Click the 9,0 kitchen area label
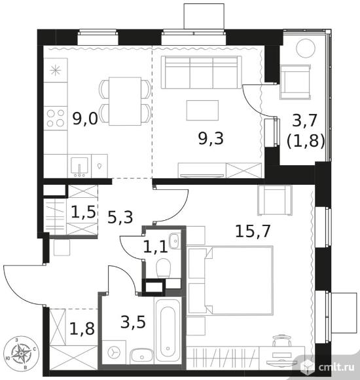(85, 119)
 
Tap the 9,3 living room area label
(211, 139)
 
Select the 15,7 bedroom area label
(253, 231)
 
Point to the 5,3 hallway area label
(120, 218)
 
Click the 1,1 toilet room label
(155, 248)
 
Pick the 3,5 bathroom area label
(133, 322)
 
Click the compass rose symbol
(22, 353)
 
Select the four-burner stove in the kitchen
(56, 118)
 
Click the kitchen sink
(79, 167)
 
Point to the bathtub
(168, 332)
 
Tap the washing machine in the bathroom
(114, 352)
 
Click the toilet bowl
(164, 268)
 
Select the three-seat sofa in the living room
(201, 73)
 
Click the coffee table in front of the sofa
(202, 110)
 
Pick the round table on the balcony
(306, 48)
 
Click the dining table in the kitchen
(125, 102)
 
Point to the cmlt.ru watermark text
(336, 368)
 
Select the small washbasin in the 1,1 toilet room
(175, 240)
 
